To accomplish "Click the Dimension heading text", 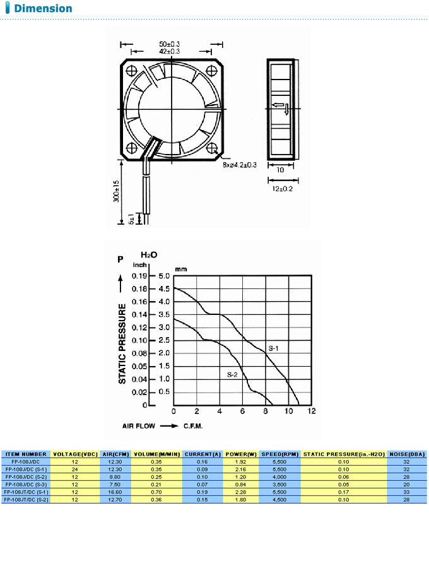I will pos(43,9).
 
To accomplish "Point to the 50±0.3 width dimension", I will pos(170,44).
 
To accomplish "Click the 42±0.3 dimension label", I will pos(170,51).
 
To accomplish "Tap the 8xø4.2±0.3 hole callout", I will pos(239,165).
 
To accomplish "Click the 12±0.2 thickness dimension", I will pos(282,189).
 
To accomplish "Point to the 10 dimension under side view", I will pos(281,170).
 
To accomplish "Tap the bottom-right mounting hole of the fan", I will pos(210,148).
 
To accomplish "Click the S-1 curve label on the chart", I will pos(274,348).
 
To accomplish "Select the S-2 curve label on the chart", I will pos(232,374).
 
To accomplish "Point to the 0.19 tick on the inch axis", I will pos(139,276).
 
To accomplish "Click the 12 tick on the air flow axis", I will pos(312,411).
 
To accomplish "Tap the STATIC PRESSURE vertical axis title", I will pos(123,344).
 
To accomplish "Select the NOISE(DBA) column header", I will pos(407,454).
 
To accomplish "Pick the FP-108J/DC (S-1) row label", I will pos(25,468).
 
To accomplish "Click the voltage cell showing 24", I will pos(74,468).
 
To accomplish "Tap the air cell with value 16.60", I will pos(114,489).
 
